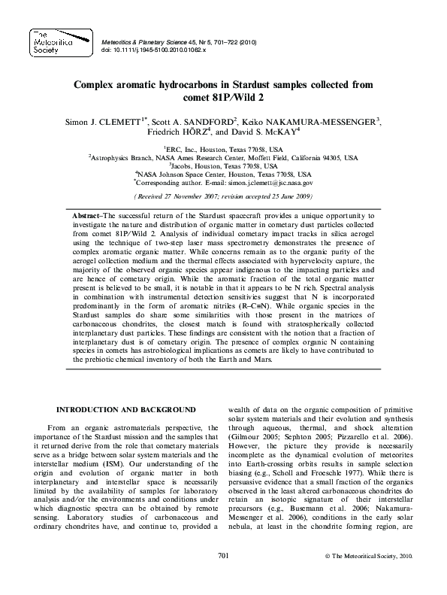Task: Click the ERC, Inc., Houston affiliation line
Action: click(223, 150)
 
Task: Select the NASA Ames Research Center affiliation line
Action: click(223, 158)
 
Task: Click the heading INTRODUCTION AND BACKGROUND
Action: click(126, 409)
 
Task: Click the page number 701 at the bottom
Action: click(222, 575)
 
